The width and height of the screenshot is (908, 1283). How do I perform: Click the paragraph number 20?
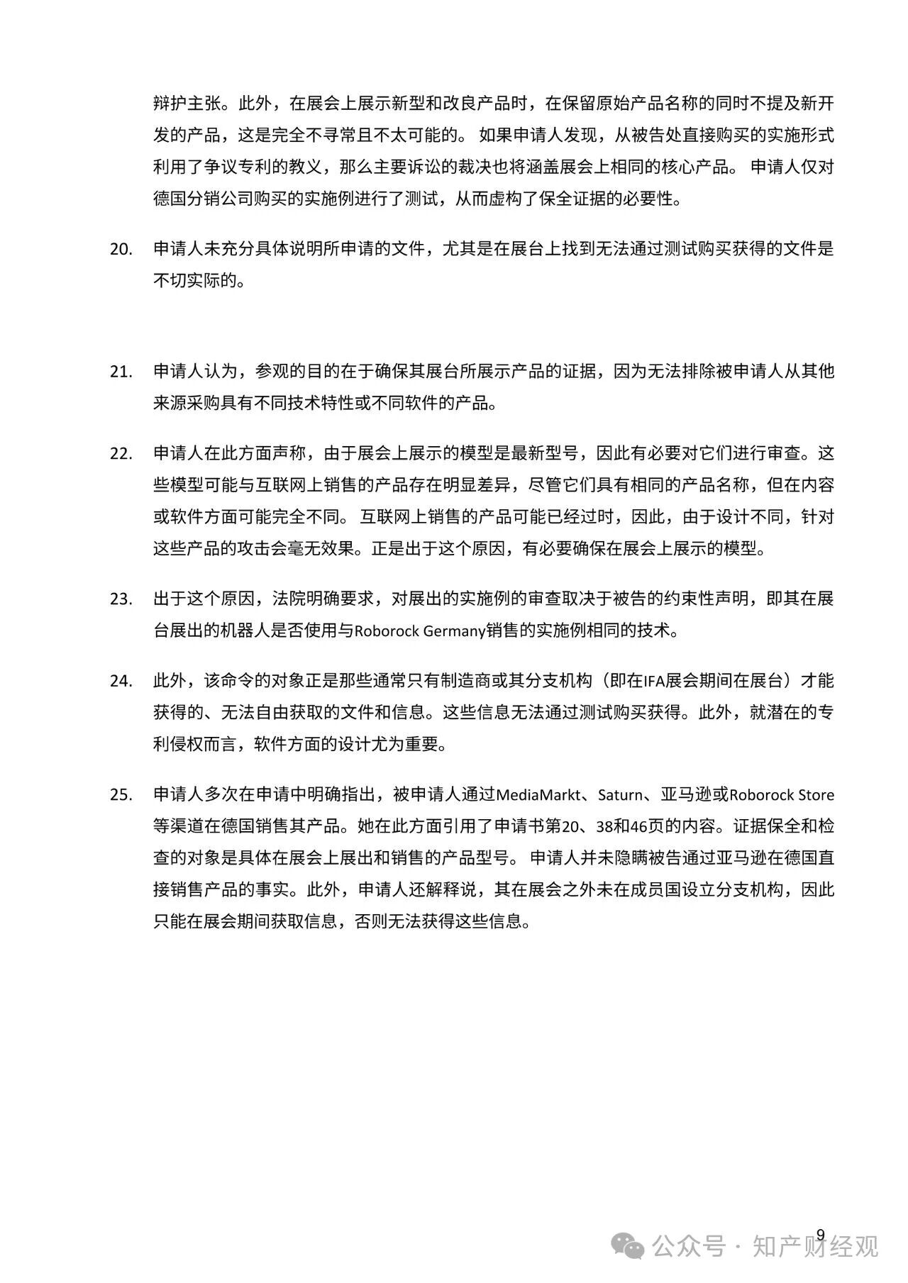click(x=121, y=250)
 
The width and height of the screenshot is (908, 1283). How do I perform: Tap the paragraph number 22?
click(x=121, y=454)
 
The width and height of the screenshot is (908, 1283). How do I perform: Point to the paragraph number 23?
click(x=121, y=599)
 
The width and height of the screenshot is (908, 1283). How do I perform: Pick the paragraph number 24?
click(x=121, y=682)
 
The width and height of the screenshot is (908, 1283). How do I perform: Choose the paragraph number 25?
click(x=121, y=795)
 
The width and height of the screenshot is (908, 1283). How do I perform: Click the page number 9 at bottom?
click(x=821, y=1234)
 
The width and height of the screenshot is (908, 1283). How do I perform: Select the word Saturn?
click(x=621, y=795)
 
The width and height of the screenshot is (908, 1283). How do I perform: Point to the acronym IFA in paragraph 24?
click(x=653, y=682)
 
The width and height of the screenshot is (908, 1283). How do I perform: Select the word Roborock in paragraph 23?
click(x=386, y=631)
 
